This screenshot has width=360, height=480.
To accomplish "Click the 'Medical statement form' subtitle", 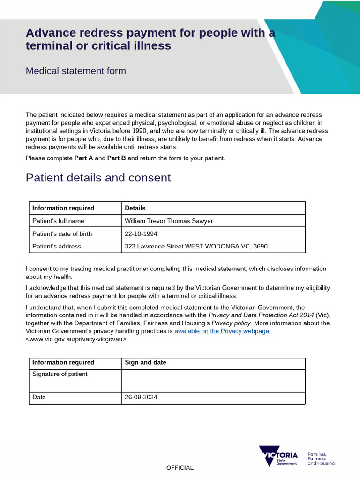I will pyautogui.click(x=76, y=71).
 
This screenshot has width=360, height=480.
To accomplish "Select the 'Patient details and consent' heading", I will pyautogui.click(x=98, y=178).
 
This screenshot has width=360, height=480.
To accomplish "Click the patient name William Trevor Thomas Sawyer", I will pyautogui.click(x=169, y=221).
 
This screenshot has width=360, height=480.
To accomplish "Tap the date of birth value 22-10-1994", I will pyautogui.click(x=141, y=233).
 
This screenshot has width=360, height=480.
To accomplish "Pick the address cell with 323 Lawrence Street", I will pyautogui.click(x=196, y=246).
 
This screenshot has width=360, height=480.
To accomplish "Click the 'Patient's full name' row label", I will pyautogui.click(x=58, y=221).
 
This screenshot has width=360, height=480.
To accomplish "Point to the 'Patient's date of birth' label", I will pyautogui.click(x=62, y=233).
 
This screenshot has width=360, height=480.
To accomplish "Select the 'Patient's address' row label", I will pyautogui.click(x=56, y=246).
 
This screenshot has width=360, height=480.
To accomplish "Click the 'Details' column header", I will pyautogui.click(x=135, y=208).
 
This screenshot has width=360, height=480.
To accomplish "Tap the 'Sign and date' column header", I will pyautogui.click(x=145, y=362).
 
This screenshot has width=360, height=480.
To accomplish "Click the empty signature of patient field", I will pyautogui.click(x=213, y=380).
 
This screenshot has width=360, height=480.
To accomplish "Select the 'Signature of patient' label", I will pyautogui.click(x=60, y=374).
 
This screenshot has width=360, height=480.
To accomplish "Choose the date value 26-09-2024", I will pyautogui.click(x=141, y=397).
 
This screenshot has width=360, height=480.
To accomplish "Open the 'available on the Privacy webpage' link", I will pyautogui.click(x=222, y=331).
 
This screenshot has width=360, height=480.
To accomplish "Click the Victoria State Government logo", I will pyautogui.click(x=278, y=456).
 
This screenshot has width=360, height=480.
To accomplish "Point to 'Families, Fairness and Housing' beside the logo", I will pyautogui.click(x=321, y=458).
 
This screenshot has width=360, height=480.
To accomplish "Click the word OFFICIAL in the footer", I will pyautogui.click(x=180, y=468).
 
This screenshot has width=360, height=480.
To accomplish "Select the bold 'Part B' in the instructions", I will pyautogui.click(x=117, y=158).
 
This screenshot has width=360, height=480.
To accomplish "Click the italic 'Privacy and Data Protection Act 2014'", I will pyautogui.click(x=261, y=315).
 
